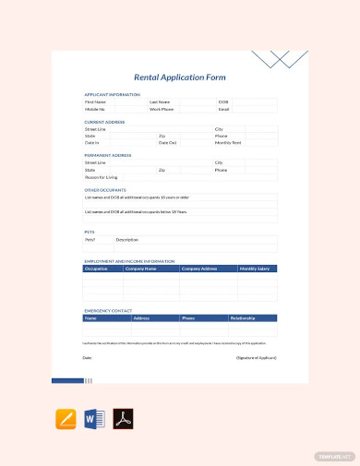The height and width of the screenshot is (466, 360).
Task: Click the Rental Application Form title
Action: pyautogui.click(x=180, y=78)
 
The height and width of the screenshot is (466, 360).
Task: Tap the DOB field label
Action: pyautogui.click(x=222, y=102)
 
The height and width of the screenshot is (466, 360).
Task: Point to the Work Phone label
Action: pyautogui.click(x=162, y=109)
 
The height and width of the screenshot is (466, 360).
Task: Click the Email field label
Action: pyautogui.click(x=223, y=109)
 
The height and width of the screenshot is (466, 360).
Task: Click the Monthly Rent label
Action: pyautogui.click(x=228, y=142)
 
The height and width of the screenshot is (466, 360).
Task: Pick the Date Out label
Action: pyautogui.click(x=167, y=142)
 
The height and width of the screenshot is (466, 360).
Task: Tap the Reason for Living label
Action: pyautogui.click(x=100, y=176)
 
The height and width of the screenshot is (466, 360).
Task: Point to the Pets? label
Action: pyautogui.click(x=90, y=239)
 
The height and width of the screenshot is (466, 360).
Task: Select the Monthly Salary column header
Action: pyautogui.click(x=255, y=269)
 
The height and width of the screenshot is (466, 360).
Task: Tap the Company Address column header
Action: pyautogui.click(x=199, y=269)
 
